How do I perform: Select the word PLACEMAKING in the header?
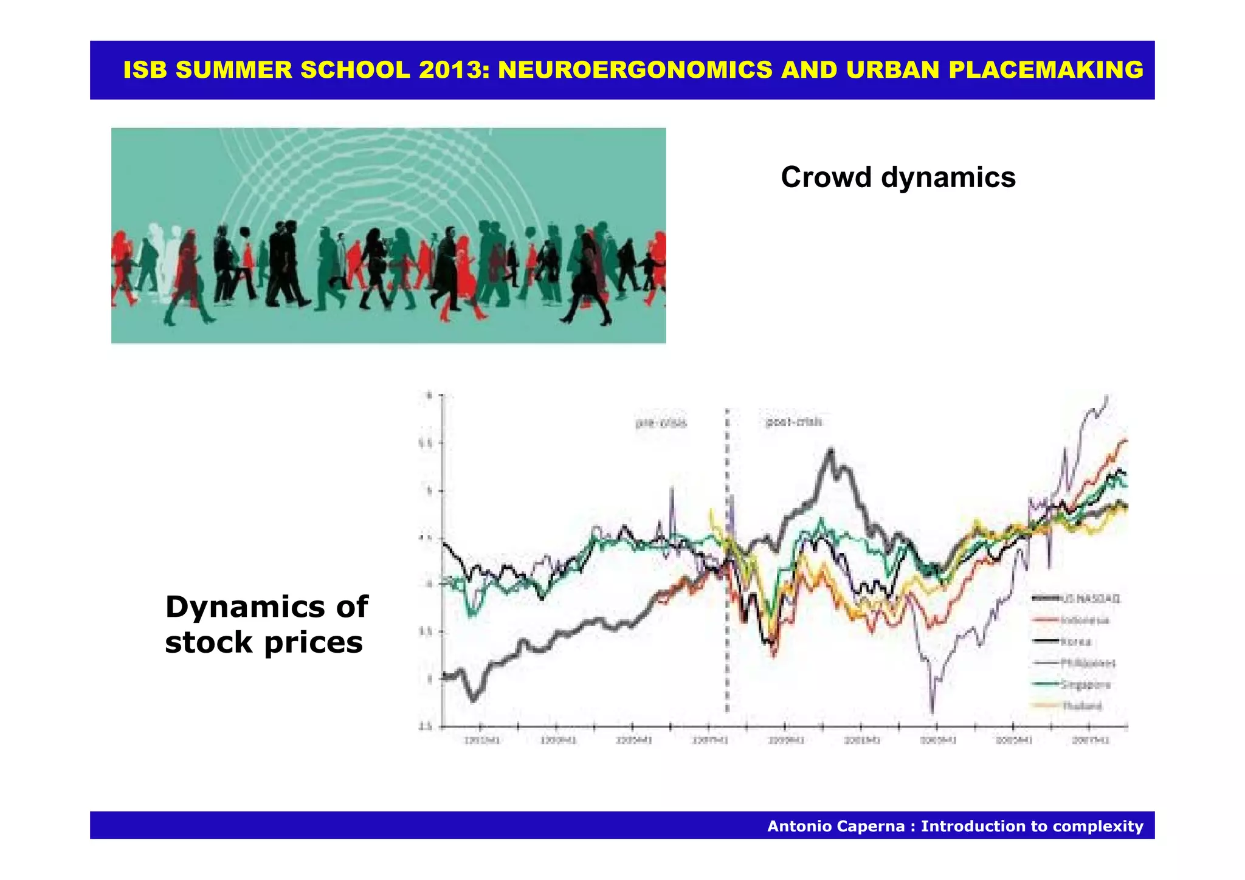pos(1046,70)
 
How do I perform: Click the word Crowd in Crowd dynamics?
pos(826,177)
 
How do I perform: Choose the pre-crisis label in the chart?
pos(661,423)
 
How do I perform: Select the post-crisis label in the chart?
pos(793,422)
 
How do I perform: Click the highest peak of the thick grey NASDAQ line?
pos(830,451)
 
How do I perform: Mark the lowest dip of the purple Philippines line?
pos(932,711)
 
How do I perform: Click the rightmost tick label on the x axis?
pos(1091,740)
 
